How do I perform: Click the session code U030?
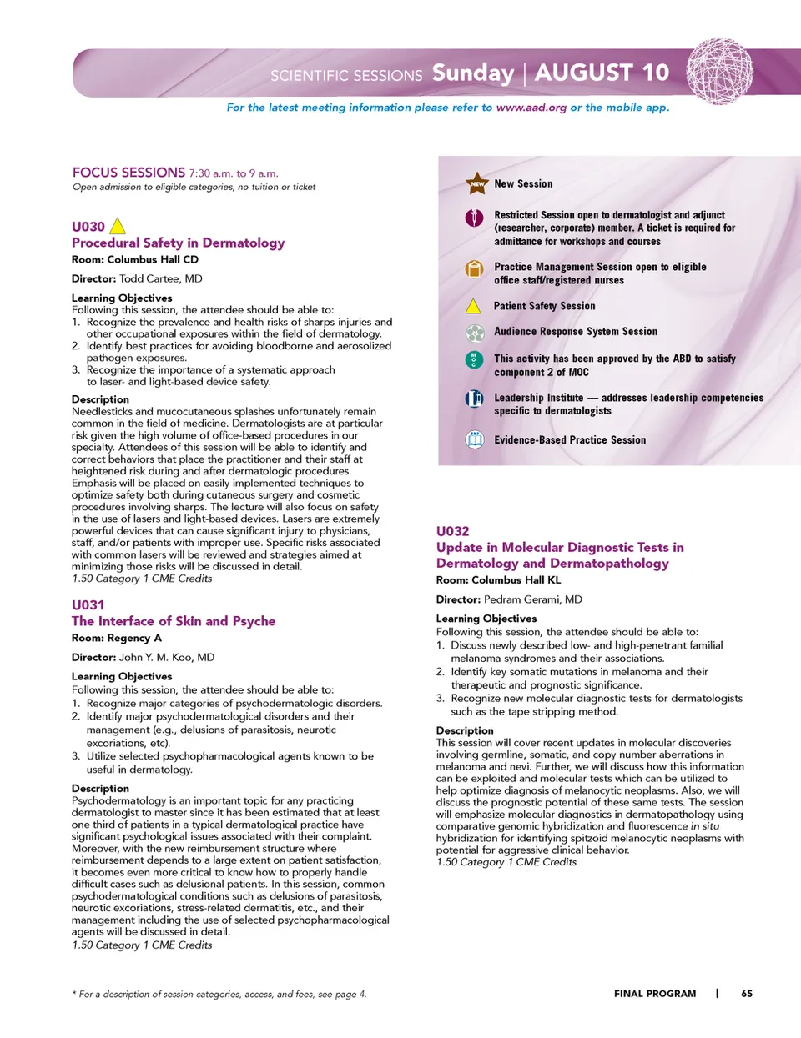88,227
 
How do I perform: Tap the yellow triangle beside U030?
118,226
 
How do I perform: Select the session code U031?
88,605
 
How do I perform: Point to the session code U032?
452,531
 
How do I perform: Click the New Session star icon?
476,183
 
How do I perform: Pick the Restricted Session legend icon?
474,218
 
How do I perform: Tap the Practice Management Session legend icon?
474,269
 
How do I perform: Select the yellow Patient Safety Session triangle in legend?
473,306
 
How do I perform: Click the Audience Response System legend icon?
474,333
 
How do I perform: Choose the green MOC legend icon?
474,360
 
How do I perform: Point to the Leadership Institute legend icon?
474,399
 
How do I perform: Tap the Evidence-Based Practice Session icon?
474,439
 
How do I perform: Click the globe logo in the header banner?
719,71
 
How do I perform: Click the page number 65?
746,994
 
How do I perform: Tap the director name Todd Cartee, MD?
160,279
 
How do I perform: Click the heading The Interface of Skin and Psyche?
173,621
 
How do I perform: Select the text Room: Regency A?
117,638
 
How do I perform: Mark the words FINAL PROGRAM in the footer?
655,994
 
